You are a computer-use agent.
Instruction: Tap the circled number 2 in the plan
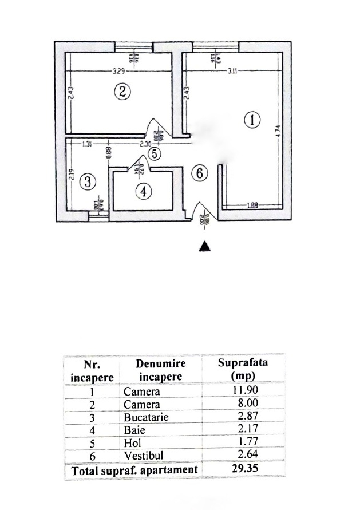tap(122, 91)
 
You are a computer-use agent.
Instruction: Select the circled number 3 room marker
tap(87, 182)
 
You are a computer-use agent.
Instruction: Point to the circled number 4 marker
tap(143, 192)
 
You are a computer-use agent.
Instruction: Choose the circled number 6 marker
tap(198, 173)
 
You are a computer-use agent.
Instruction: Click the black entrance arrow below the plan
tap(205, 246)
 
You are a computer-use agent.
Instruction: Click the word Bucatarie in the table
tap(145, 417)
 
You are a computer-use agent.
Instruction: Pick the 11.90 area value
tap(243, 392)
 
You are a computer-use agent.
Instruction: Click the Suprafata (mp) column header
tap(243, 369)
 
